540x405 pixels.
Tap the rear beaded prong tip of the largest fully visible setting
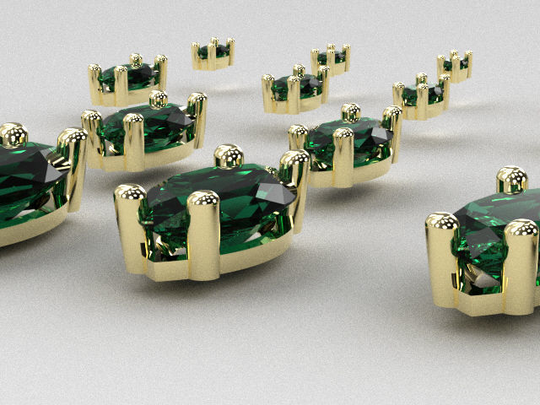[x=229, y=156]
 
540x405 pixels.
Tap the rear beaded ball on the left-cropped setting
[x=13, y=135]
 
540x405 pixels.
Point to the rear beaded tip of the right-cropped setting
[x=511, y=179]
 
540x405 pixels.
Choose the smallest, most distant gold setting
[x=213, y=53]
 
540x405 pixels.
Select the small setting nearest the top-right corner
[x=455, y=65]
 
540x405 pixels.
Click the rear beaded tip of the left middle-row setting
[x=157, y=100]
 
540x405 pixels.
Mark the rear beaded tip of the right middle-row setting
[x=350, y=111]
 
